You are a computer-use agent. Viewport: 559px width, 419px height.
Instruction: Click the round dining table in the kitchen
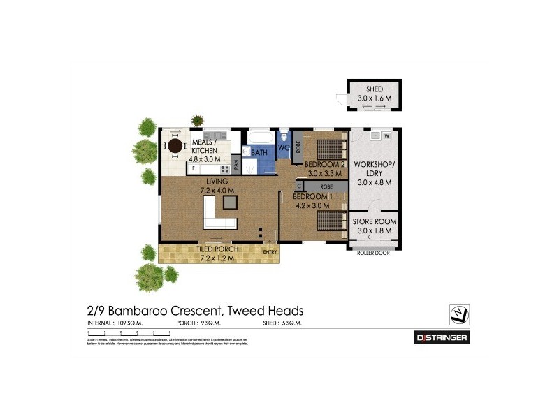pos(174,146)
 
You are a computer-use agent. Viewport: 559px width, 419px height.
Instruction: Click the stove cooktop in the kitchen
pos(225,168)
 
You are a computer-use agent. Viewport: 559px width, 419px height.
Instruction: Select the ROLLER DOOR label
pos(374,253)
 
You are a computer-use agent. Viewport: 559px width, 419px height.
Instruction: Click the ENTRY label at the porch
pos(270,251)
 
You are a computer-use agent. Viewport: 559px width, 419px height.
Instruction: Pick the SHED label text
pos(375,89)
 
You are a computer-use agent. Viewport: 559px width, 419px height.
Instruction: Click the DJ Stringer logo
pos(441,338)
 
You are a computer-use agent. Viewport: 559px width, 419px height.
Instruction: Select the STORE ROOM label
pos(374,222)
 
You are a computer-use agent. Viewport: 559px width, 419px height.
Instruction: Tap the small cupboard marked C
pos(299,186)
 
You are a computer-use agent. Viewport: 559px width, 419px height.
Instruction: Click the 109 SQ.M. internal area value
pos(132,323)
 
